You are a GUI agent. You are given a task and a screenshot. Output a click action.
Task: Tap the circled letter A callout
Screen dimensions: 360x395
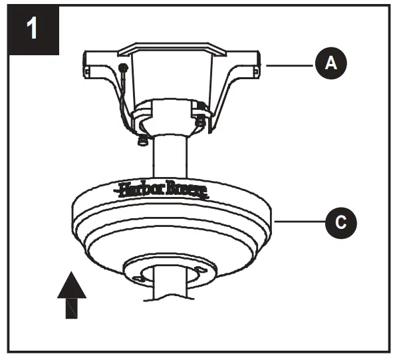tap(329, 63)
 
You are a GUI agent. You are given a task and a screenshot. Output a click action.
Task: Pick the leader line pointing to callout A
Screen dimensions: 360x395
tap(289, 64)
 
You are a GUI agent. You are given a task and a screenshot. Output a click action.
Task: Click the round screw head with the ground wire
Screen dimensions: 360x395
tap(123, 68)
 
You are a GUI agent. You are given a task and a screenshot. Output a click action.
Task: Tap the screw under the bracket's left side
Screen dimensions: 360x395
tap(140, 140)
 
